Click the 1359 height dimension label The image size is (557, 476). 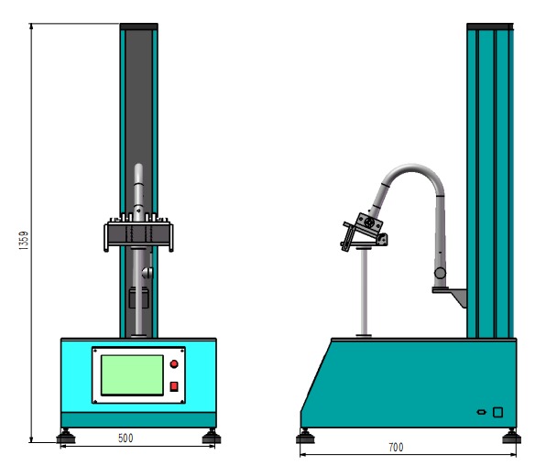(x=24, y=241)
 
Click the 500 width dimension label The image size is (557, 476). (x=126, y=438)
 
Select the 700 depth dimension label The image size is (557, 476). (x=396, y=448)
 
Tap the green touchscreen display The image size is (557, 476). (x=132, y=374)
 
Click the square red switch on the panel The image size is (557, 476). (x=174, y=386)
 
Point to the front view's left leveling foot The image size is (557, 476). (x=66, y=437)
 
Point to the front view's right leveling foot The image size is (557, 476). (x=212, y=437)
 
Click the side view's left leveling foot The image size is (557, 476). (x=305, y=437)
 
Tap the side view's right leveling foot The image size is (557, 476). (x=511, y=437)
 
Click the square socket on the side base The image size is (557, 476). (x=498, y=412)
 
